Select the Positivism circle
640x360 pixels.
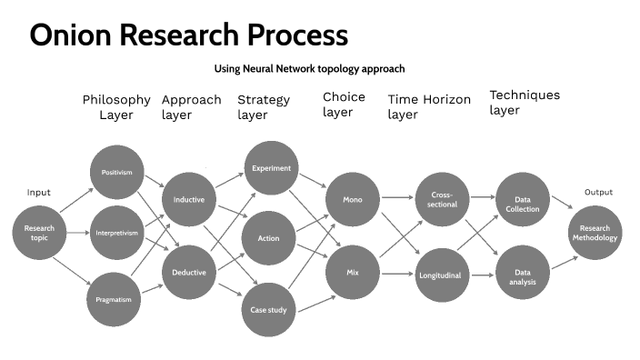(117, 172)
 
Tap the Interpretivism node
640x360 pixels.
(117, 233)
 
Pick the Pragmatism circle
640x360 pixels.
(117, 298)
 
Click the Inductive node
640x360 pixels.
(188, 200)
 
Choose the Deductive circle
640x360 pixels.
(188, 272)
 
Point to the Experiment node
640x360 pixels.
(269, 168)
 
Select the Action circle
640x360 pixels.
(269, 238)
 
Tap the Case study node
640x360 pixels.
(269, 310)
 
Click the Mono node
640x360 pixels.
(353, 198)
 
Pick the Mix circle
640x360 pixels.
(353, 272)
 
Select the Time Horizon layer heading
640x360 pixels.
(428, 106)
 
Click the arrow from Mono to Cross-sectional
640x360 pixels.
(396, 197)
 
